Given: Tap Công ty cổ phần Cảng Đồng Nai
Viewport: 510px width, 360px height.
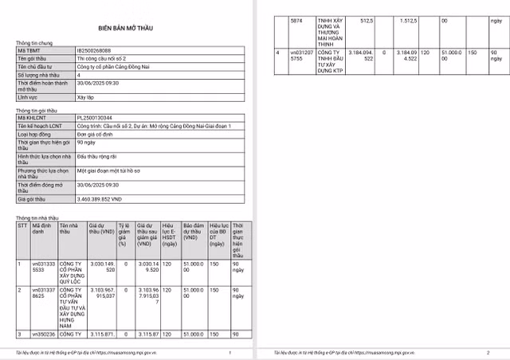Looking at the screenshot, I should [x=114, y=66].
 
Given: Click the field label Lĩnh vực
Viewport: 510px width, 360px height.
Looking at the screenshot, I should [x=28, y=96].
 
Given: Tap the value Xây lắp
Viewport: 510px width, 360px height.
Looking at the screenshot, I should [x=85, y=96].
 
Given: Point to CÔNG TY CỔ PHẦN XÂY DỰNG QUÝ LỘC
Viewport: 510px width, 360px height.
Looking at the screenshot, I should [x=70, y=273].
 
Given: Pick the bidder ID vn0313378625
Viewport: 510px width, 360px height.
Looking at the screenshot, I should [x=43, y=293].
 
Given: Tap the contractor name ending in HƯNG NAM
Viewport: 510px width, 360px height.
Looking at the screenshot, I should [x=70, y=307].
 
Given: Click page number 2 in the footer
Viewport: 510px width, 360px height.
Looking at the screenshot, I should [x=487, y=352].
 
